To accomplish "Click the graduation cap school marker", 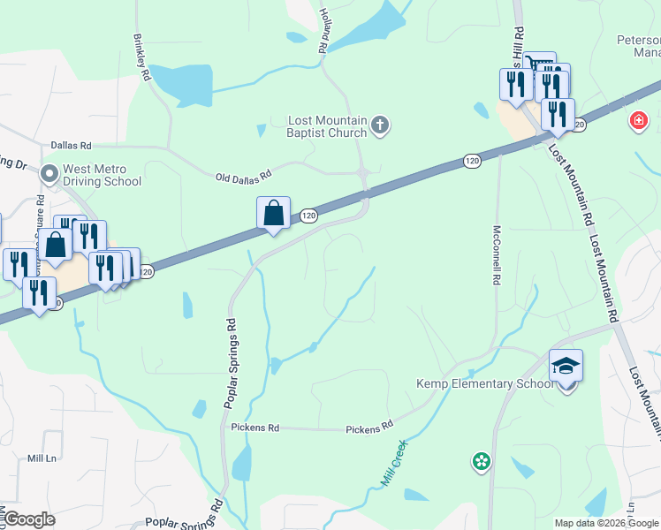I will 566,366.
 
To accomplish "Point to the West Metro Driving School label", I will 102,175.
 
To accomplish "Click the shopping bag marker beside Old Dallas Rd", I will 274,214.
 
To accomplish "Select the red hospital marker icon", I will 638,120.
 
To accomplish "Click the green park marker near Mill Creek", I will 481,461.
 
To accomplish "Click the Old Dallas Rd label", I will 242,178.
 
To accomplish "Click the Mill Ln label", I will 42,458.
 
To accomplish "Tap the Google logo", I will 28,519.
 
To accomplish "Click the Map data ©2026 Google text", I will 605,523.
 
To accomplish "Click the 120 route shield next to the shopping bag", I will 308,215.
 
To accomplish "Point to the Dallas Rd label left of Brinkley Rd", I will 71,145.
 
